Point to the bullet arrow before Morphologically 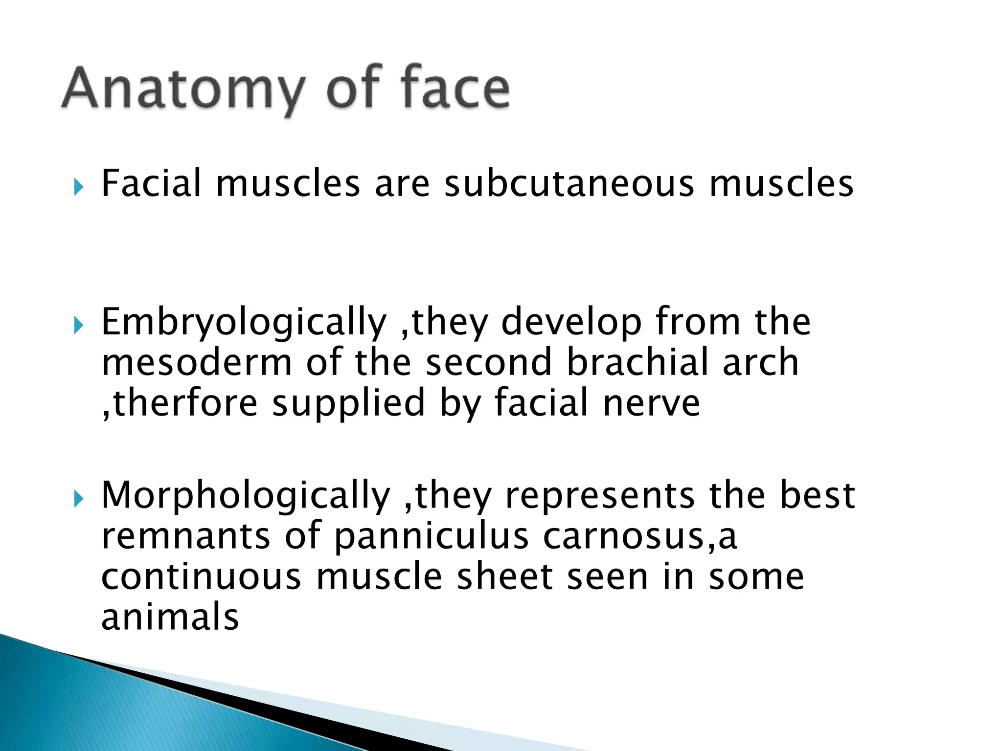coord(79,499)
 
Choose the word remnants coord(186,537)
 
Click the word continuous coord(201,577)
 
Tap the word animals coord(170,617)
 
